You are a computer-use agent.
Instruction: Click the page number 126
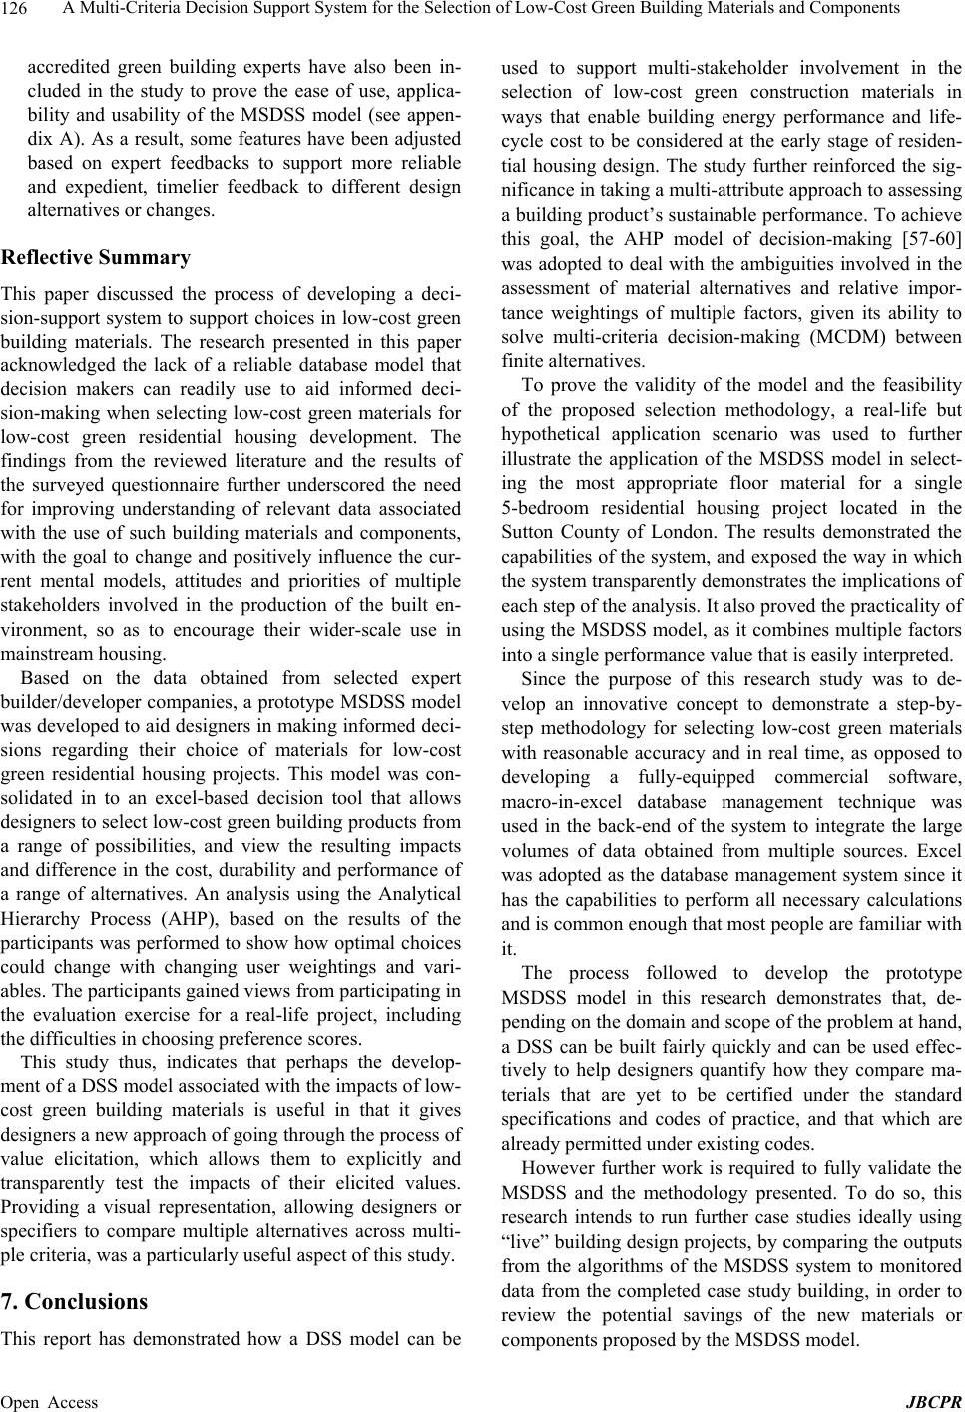(16, 9)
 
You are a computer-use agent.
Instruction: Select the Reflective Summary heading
(96, 257)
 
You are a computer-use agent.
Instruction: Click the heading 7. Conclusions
(75, 1302)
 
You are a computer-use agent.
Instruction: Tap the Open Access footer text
(50, 1401)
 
